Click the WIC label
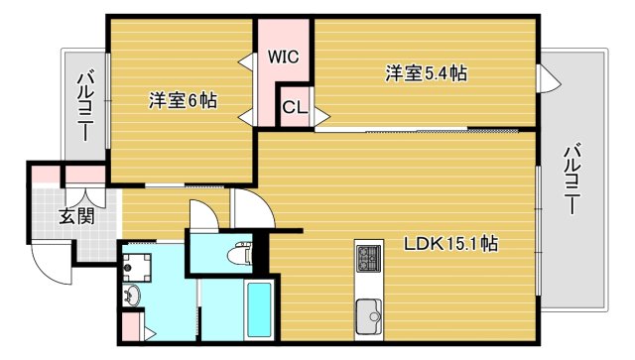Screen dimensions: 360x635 click(x=284, y=58)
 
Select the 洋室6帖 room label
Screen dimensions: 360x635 click(x=184, y=100)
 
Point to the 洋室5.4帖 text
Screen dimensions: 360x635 click(x=427, y=72)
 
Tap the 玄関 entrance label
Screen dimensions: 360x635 click(x=76, y=216)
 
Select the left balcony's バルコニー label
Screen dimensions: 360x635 click(x=84, y=103)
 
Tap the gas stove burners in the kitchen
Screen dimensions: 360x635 click(x=369, y=260)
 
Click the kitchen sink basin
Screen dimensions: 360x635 click(x=370, y=317)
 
